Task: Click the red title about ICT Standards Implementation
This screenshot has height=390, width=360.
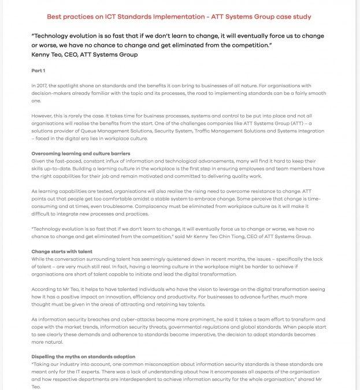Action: (179, 17)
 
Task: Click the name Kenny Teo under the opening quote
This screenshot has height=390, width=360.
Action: (49, 54)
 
